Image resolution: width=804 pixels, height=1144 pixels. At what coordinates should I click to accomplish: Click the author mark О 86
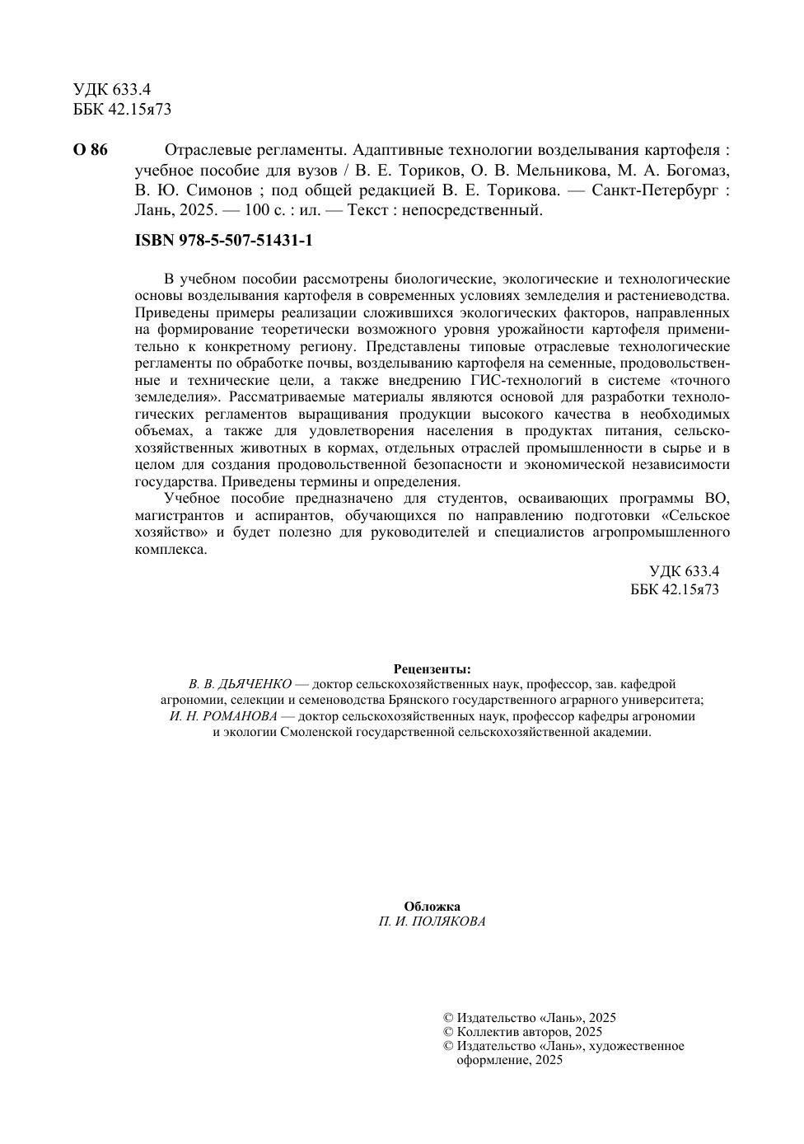[x=90, y=150]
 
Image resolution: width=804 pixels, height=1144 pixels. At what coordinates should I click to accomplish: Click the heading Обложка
[x=432, y=907]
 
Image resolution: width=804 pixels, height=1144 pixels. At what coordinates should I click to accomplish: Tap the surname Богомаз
[x=689, y=171]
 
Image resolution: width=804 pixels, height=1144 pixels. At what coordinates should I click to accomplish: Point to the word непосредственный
[x=468, y=210]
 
